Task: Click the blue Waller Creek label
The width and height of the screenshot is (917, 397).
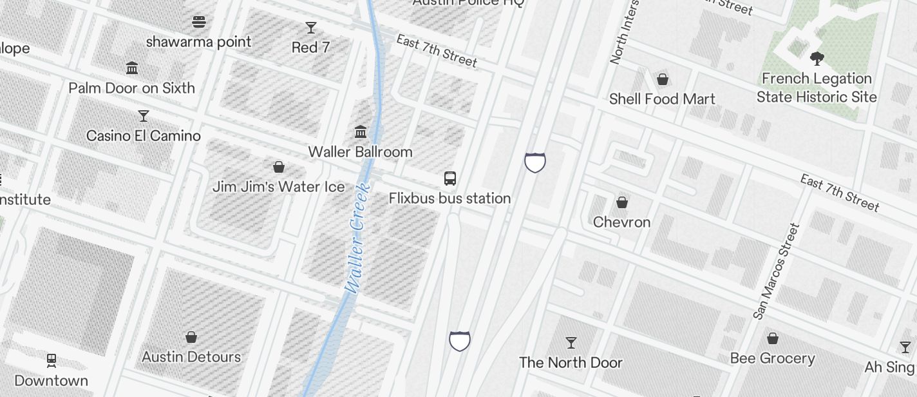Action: pyautogui.click(x=357, y=238)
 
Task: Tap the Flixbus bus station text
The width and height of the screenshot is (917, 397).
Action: pyautogui.click(x=449, y=198)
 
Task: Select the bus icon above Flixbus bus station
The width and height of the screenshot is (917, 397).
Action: pyautogui.click(x=450, y=179)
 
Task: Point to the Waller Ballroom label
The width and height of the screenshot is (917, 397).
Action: pyautogui.click(x=360, y=152)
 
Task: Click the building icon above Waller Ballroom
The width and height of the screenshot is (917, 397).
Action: pyautogui.click(x=361, y=132)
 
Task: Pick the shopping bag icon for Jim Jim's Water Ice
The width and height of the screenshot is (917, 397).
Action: pyautogui.click(x=279, y=168)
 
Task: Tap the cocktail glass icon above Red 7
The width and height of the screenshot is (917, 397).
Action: pyautogui.click(x=311, y=28)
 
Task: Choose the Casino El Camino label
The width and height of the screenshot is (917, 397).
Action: pyautogui.click(x=144, y=136)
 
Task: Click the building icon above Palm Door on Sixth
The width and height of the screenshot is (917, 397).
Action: pyautogui.click(x=132, y=68)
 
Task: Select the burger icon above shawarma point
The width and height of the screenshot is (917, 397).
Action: pyautogui.click(x=199, y=22)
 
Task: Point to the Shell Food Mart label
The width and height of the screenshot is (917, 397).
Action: pyautogui.click(x=662, y=99)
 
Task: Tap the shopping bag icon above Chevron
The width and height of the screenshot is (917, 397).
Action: pyautogui.click(x=622, y=203)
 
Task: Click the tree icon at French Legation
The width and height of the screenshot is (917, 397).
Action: pyautogui.click(x=817, y=59)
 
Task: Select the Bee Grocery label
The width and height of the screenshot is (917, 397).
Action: pyautogui.click(x=772, y=358)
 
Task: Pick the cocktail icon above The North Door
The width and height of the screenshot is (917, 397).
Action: pyautogui.click(x=571, y=342)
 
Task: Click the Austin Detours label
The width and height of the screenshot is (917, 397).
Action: pyautogui.click(x=191, y=357)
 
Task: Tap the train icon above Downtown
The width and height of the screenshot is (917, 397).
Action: pyautogui.click(x=52, y=360)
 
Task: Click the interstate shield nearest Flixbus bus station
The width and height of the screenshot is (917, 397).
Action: pyautogui.click(x=535, y=162)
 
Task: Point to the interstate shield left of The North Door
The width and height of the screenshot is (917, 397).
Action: pyautogui.click(x=459, y=340)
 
